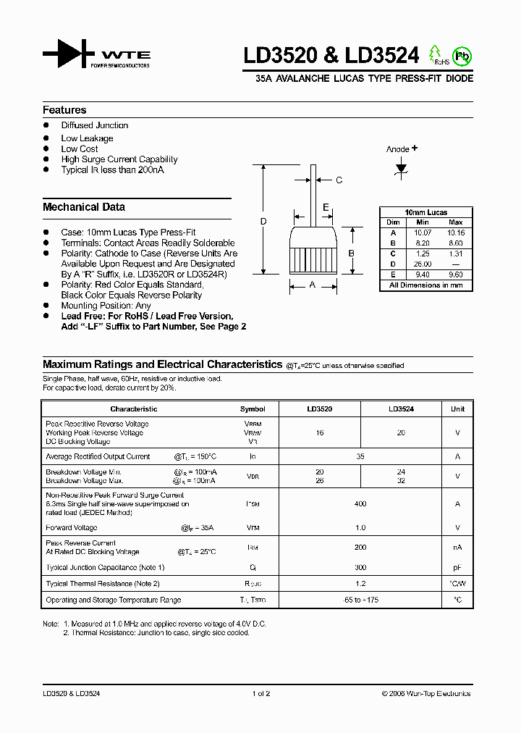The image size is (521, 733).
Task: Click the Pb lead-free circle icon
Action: coord(461,56)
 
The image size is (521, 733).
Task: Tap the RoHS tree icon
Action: coord(436,54)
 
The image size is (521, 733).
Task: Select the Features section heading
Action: coord(64,110)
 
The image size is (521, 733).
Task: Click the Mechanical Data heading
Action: coord(84,207)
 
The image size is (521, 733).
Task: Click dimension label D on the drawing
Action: coord(264,221)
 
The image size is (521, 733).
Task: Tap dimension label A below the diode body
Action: coord(313,285)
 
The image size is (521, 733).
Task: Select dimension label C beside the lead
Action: coord(339,180)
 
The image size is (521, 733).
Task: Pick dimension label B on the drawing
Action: coord(351,253)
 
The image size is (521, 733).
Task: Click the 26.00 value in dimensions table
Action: coord(423,264)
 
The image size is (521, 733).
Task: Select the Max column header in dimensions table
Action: coord(456,222)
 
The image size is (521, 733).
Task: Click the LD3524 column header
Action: coord(401,409)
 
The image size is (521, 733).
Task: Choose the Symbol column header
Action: coord(253,409)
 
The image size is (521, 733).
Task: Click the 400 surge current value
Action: coord(360,503)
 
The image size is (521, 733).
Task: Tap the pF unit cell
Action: coord(457,568)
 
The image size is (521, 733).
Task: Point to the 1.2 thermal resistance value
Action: coord(360,584)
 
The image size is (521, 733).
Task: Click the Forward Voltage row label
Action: coord(72,528)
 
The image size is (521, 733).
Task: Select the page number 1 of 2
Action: coord(260,694)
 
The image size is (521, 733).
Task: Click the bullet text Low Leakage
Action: coord(87,138)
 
